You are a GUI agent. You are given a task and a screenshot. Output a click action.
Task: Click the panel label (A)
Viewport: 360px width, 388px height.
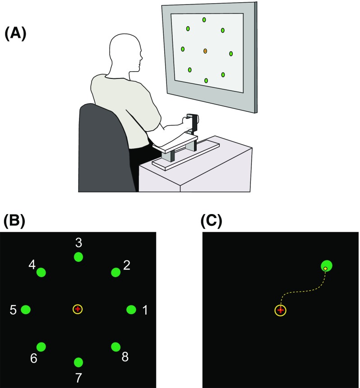pyautogui.click(x=16, y=34)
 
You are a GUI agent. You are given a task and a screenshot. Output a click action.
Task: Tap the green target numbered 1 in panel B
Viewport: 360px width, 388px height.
pyautogui.click(x=131, y=310)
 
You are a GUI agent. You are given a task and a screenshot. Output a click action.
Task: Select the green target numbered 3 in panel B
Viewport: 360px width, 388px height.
pyautogui.click(x=78, y=257)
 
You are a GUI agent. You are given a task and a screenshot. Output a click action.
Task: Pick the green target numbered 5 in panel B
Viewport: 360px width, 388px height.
pyautogui.click(x=26, y=310)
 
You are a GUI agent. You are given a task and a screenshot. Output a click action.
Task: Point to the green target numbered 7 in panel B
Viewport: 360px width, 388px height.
pyautogui.click(x=78, y=362)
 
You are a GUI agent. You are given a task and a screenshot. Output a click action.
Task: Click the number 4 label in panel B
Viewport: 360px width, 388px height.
pyautogui.click(x=32, y=264)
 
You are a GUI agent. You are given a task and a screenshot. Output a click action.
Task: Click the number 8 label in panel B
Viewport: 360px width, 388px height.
pyautogui.click(x=125, y=357)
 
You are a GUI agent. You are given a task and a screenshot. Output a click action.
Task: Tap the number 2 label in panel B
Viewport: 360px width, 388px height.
pyautogui.click(x=127, y=265)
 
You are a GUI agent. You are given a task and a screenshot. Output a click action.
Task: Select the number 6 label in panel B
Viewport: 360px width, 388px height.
pyautogui.click(x=34, y=359)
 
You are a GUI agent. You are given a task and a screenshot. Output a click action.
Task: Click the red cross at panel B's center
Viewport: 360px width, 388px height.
pyautogui.click(x=78, y=309)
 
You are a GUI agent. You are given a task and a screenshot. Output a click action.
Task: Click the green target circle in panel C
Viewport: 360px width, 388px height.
pyautogui.click(x=327, y=266)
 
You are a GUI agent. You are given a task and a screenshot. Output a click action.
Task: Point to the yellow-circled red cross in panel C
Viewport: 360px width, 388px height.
pyautogui.click(x=281, y=310)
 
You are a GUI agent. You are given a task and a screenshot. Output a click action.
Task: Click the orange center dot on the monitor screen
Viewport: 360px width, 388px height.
pyautogui.click(x=205, y=51)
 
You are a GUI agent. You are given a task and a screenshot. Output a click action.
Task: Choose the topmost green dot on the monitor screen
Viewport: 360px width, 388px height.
pyautogui.click(x=204, y=20)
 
